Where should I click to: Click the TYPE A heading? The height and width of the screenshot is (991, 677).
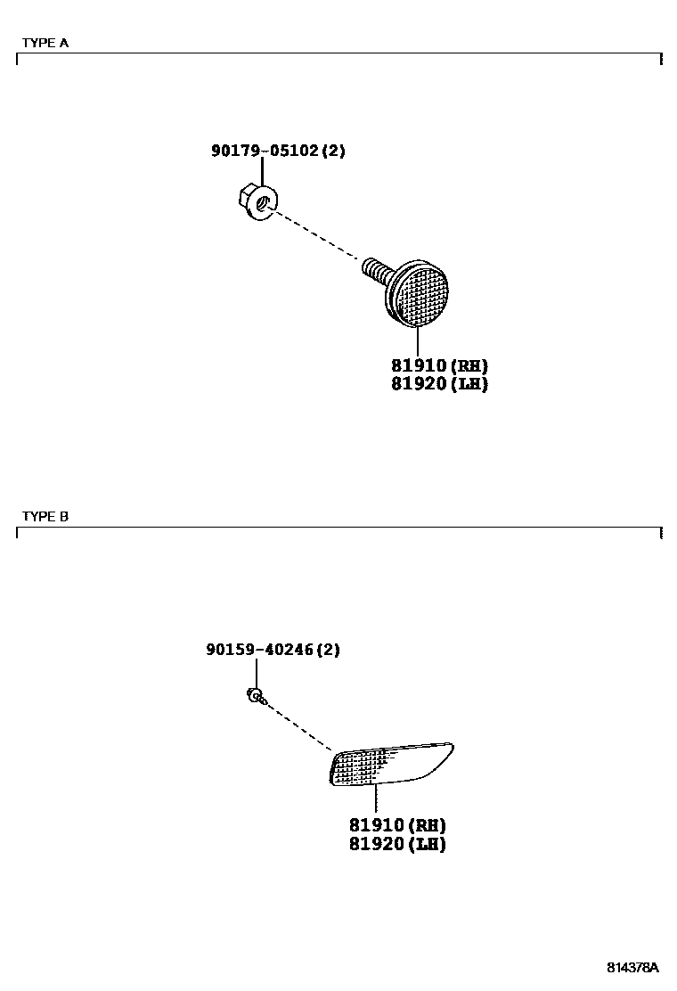point(45,42)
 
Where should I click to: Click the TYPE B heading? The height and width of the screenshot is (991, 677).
point(45,516)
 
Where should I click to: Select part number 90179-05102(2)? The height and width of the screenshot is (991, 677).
point(278,152)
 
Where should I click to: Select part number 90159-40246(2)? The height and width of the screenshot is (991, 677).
point(273,651)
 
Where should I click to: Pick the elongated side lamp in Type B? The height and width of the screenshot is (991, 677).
point(391,765)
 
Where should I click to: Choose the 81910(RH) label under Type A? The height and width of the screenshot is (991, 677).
point(439,366)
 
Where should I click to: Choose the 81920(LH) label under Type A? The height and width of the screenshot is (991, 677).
point(439,384)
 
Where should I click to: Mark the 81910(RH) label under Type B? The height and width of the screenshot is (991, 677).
point(397,825)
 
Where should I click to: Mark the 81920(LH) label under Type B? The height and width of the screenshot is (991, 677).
point(397,843)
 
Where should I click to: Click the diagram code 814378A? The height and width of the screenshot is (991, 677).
point(632,968)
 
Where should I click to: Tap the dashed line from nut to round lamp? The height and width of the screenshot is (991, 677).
point(316,235)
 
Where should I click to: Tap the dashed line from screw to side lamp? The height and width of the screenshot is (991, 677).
point(298,725)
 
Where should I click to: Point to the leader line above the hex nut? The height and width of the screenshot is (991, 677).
point(263,174)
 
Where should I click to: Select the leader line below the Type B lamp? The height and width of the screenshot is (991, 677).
point(377,799)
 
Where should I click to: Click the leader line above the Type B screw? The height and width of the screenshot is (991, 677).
point(256,674)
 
